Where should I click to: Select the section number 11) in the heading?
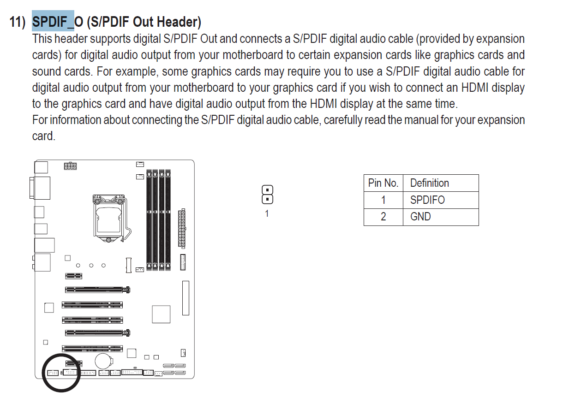pos(17,22)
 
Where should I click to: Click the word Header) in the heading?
pos(179,22)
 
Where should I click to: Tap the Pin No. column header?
pos(383,183)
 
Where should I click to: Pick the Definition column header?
pos(430,183)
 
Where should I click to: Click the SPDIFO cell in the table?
pos(427,200)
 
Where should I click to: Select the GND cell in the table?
pos(420,217)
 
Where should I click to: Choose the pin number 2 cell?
pos(383,217)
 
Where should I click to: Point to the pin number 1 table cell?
pos(383,200)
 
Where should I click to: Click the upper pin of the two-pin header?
pos(267,190)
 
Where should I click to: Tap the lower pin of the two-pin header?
pos(267,199)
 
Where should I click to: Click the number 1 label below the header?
pos(267,213)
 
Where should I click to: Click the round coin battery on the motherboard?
pos(104,361)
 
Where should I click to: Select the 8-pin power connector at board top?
pos(70,166)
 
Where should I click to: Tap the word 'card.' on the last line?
pos(44,136)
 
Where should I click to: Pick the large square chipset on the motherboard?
pos(161,314)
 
